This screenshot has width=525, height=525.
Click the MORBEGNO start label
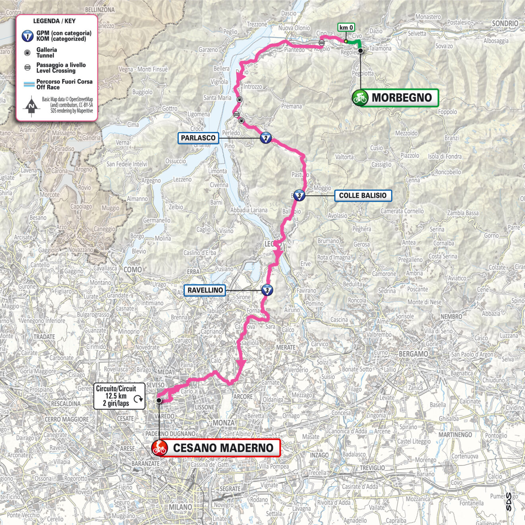402,97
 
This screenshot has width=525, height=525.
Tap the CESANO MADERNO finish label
223,448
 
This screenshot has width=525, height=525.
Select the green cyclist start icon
360,97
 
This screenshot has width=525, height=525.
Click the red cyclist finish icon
159,448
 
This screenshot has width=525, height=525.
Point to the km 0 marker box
346,27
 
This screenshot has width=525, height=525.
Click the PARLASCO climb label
198,138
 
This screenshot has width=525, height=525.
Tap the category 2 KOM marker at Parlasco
266,138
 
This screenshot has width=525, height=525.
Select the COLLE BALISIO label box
363,195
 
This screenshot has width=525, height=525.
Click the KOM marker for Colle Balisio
299,195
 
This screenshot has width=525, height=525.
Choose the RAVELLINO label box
205,290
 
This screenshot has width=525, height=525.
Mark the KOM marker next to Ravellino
267,290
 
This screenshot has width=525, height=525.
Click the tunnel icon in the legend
27,52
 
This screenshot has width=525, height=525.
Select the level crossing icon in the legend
27,68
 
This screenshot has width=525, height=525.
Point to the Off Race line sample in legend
27,84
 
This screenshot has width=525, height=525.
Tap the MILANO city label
181,507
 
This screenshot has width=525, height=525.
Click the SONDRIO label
505,23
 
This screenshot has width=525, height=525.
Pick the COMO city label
133,270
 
